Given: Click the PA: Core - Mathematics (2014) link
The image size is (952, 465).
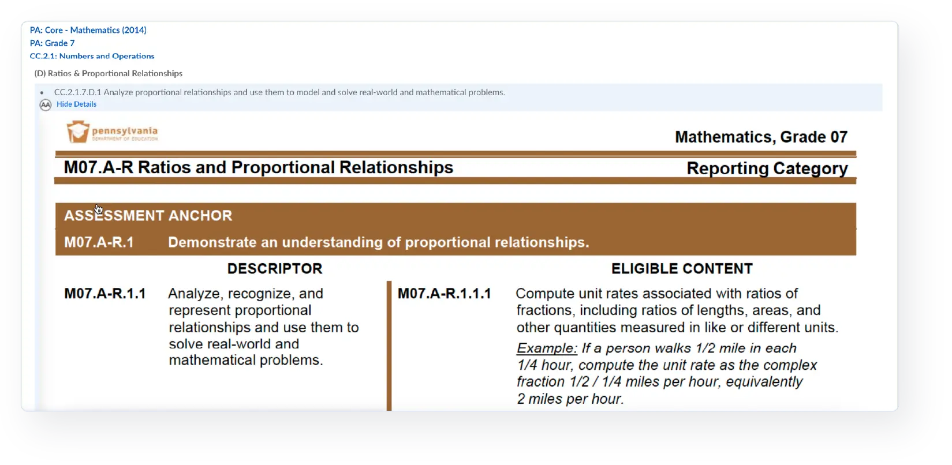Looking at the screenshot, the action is point(88,30).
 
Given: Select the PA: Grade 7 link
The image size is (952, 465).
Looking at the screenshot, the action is point(53,43).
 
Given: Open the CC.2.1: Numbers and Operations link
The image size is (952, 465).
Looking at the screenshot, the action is point(92,56).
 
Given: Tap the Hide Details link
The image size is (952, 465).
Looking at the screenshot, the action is point(77,104).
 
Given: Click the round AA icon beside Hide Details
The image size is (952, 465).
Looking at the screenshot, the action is point(46,105).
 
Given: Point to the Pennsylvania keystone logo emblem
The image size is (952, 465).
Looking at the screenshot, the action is point(78,132).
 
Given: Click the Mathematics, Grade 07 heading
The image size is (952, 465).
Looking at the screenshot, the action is point(761,137).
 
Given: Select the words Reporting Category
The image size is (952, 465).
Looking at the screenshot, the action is point(767,168).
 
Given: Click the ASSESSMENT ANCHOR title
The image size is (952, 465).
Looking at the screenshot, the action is point(148,216).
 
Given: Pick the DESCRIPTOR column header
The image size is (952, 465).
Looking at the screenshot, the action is point(275,268).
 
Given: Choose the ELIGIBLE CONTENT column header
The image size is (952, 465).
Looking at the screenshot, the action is point(682,268).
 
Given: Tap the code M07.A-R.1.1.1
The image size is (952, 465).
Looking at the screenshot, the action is point(444,294).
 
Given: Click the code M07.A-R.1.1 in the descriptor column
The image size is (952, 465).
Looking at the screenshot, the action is point(105,294).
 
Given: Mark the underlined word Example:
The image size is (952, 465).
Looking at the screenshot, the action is point(547,348).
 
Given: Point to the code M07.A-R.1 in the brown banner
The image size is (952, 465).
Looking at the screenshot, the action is point(99,242).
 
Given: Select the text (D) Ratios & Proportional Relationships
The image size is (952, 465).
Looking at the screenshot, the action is point(109,73).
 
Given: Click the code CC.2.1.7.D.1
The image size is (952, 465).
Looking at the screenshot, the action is point(78,92).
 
